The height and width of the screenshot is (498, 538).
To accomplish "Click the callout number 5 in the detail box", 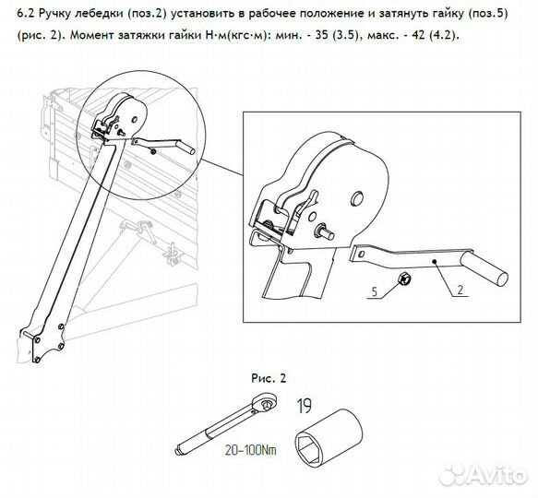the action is click(x=375, y=291).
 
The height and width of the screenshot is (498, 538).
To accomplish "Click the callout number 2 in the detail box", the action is click(x=460, y=290).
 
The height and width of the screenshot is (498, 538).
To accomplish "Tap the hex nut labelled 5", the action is click(x=403, y=279).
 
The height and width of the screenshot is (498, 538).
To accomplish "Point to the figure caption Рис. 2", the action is click(x=269, y=378).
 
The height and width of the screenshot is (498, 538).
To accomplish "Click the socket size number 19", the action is click(x=304, y=406).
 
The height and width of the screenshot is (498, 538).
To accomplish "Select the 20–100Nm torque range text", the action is click(x=250, y=450).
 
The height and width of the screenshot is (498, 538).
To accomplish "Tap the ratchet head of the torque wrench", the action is click(x=265, y=403).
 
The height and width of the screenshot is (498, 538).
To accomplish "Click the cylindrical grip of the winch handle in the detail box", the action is click(x=484, y=272).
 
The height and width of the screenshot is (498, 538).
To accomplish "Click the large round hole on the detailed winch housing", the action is click(x=357, y=199).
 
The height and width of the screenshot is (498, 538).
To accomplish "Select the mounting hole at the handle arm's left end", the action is click(x=361, y=254).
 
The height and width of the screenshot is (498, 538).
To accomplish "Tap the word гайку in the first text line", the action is click(x=436, y=14).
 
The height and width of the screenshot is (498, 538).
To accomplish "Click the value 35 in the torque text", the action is click(x=321, y=35).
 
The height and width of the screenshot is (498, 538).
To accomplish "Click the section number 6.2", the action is click(x=26, y=14).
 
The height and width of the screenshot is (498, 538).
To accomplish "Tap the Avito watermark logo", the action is click(x=484, y=475).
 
